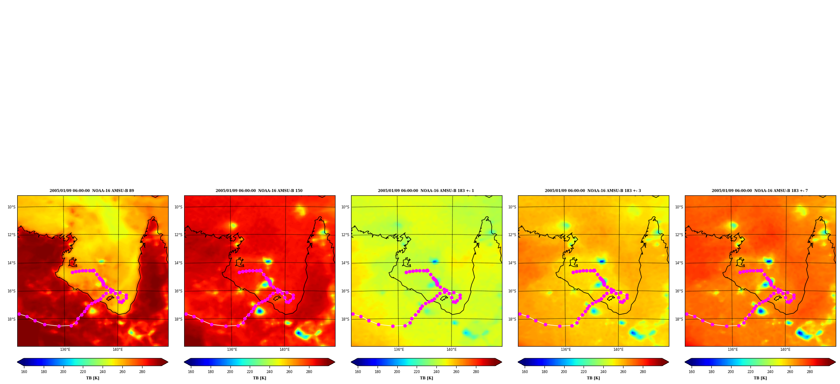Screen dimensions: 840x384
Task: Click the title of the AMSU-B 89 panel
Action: click(x=92, y=191)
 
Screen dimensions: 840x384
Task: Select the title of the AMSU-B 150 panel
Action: click(x=259, y=191)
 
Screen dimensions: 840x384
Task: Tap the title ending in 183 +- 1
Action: click(x=426, y=191)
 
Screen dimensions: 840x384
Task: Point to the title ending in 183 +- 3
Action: click(x=593, y=191)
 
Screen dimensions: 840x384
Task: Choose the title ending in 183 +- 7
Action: click(x=760, y=191)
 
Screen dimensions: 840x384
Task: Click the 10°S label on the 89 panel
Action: click(x=11, y=207)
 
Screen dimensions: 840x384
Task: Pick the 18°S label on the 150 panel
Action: click(x=178, y=319)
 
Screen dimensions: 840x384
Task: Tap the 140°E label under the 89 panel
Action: click(x=118, y=350)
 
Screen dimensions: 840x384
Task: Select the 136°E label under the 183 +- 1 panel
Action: click(x=399, y=350)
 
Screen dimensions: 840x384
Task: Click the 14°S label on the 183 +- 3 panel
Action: click(x=512, y=263)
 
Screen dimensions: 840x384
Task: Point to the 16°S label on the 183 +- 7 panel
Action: click(x=679, y=291)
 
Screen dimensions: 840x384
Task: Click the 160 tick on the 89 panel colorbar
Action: click(x=24, y=372)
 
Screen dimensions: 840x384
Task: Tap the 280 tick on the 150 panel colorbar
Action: click(x=309, y=372)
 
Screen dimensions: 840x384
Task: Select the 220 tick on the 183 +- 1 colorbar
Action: click(x=417, y=372)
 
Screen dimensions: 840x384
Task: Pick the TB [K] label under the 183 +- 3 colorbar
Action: click(x=593, y=378)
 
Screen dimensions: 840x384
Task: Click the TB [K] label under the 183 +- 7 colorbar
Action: click(x=760, y=378)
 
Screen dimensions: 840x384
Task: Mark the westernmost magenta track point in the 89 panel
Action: click(x=19, y=314)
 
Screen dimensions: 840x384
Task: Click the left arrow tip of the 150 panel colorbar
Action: click(x=185, y=362)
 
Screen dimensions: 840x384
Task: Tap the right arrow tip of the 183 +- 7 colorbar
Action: click(x=835, y=362)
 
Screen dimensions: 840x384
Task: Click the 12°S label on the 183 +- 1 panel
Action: click(x=345, y=235)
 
